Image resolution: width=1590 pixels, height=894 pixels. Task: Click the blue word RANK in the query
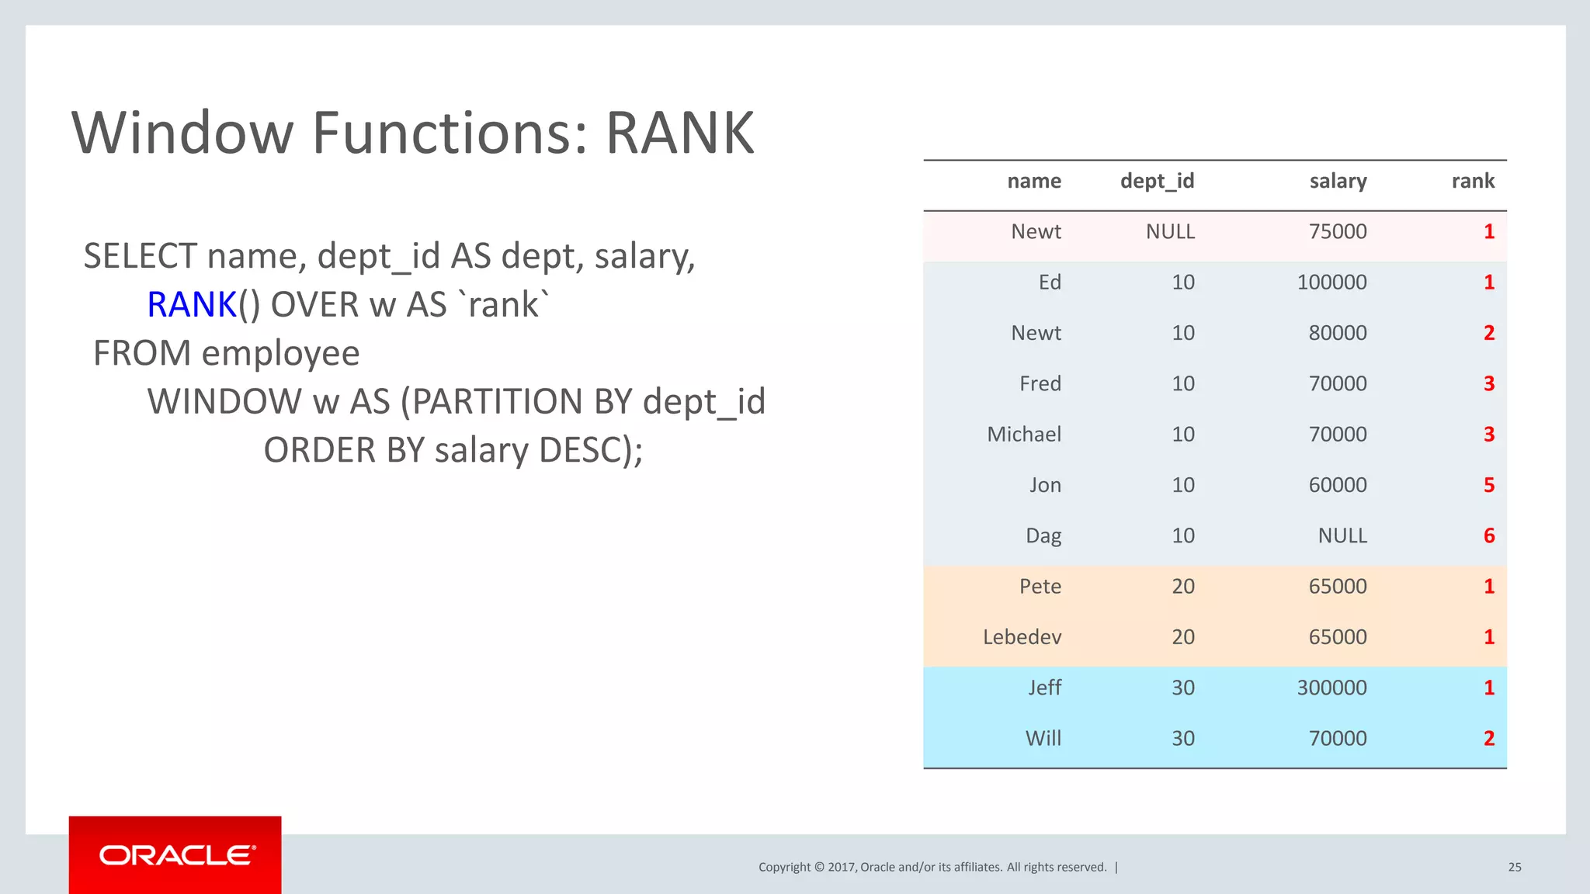click(191, 305)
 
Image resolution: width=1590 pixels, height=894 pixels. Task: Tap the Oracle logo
click(176, 855)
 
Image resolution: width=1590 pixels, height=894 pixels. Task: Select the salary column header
click(1338, 182)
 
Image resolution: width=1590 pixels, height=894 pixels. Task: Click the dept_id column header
click(1157, 182)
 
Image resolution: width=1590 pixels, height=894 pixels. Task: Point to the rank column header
click(1473, 182)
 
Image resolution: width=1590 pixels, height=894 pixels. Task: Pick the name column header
click(1034, 182)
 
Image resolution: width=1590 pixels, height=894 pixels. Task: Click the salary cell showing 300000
click(1331, 688)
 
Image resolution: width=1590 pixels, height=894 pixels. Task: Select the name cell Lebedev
click(1022, 637)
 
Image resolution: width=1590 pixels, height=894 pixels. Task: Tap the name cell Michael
click(1024, 435)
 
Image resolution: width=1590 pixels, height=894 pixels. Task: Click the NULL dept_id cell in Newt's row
click(1170, 232)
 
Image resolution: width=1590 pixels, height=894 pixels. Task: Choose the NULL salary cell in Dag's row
click(1342, 536)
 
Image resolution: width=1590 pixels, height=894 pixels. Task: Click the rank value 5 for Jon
click(1489, 486)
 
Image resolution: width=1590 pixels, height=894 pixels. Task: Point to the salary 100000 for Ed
click(1331, 282)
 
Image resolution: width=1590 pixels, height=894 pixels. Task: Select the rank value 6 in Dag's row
click(1489, 536)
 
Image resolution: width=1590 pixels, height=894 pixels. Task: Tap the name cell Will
click(1043, 739)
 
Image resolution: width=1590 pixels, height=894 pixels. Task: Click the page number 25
click(1515, 868)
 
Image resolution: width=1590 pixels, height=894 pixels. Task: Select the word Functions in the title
click(441, 133)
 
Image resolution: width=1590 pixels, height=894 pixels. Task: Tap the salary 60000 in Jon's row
click(1338, 486)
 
